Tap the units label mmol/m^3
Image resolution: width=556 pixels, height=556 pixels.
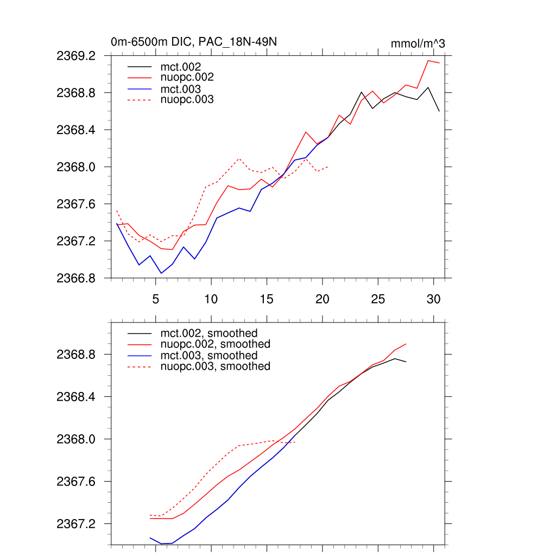[418, 43]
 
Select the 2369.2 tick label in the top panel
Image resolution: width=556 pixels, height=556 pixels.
[80, 56]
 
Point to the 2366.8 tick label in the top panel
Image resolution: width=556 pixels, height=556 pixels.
[80, 278]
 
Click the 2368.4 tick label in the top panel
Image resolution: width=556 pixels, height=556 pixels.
[80, 130]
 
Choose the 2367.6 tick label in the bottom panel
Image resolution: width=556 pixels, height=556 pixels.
[80, 482]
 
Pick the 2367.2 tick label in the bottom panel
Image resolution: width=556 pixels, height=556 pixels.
[80, 524]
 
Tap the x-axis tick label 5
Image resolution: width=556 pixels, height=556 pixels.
[155, 299]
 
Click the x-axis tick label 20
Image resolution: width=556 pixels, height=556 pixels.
[322, 299]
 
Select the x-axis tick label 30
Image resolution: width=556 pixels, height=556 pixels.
[433, 299]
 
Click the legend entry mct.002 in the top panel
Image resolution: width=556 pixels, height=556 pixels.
[185, 66]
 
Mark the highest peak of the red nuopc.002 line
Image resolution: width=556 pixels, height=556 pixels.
[428, 61]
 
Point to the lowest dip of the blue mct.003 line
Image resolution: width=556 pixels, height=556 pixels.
[161, 273]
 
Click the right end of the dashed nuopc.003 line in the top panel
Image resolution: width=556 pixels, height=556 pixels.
[328, 167]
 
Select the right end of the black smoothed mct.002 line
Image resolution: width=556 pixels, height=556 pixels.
[406, 362]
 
